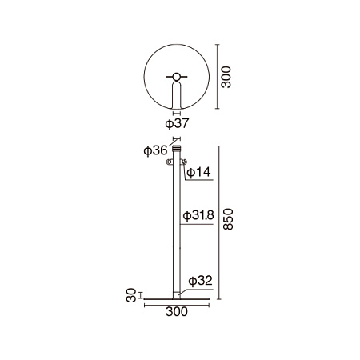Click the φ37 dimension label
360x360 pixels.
(x=177, y=123)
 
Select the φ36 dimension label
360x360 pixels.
(x=155, y=150)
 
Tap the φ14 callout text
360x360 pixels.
(x=198, y=172)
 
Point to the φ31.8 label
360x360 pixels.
(x=198, y=215)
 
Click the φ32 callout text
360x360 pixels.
(x=200, y=281)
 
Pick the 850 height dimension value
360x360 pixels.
(x=228, y=219)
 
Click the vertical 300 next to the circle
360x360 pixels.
(x=226, y=77)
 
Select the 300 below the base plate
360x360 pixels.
(x=177, y=311)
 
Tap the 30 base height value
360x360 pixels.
(x=131, y=295)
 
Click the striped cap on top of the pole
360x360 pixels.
(x=177, y=148)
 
